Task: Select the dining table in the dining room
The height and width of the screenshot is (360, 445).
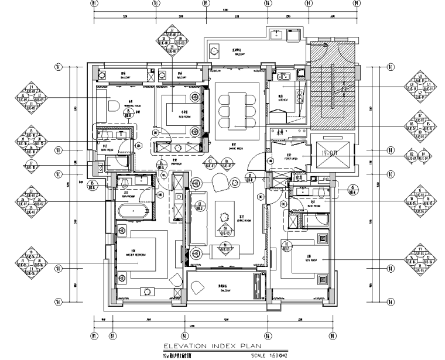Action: [x=237, y=111]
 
